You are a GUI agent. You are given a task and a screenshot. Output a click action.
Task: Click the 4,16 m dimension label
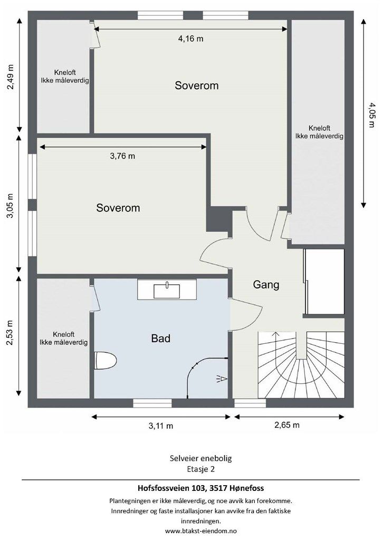pyautogui.click(x=190, y=38)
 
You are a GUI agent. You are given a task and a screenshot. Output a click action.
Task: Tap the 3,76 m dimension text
pyautogui.click(x=122, y=156)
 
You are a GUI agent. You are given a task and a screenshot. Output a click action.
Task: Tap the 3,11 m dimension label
pyautogui.click(x=161, y=426)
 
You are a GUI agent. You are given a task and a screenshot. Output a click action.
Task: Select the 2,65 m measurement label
pyautogui.click(x=287, y=425)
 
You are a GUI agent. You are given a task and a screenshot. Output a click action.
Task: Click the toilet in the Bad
pyautogui.click(x=105, y=361)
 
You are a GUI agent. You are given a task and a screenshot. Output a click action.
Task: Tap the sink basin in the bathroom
pyautogui.click(x=167, y=291)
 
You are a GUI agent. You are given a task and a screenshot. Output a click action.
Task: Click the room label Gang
pyautogui.click(x=266, y=285)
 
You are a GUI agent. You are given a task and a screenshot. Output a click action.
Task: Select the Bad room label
pyautogui.click(x=160, y=338)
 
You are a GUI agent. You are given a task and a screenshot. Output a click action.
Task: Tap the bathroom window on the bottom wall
pyautogui.click(x=152, y=403)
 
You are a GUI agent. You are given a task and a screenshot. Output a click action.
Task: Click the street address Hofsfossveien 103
pyautogui.click(x=169, y=488)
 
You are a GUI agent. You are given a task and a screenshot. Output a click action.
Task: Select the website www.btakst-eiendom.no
pyautogui.click(x=201, y=531)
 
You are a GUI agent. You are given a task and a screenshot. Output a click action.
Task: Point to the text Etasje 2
pyautogui.click(x=201, y=469)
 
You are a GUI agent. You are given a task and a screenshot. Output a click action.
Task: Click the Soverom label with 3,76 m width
pyautogui.click(x=118, y=208)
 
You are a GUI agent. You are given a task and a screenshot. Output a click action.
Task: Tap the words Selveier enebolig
pyautogui.click(x=201, y=458)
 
